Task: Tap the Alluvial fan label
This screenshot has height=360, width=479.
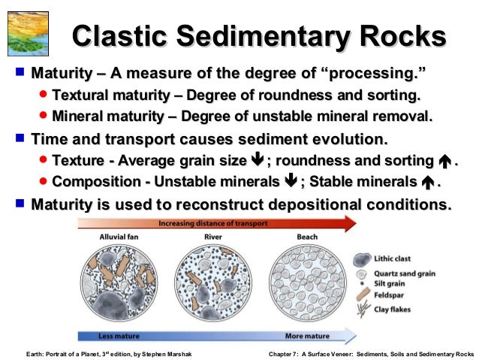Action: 121,237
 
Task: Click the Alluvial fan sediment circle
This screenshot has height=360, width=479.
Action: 121,283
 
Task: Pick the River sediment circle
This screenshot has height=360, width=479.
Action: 213,283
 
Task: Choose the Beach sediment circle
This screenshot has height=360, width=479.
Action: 306,283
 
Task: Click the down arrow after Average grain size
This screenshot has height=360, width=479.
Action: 257,161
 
